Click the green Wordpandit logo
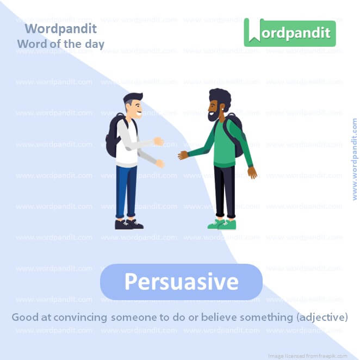point(289,32)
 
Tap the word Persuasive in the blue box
point(181,282)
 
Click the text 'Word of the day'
point(60,44)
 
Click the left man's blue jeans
point(126,190)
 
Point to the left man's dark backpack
point(113,136)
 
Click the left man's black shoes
point(128,224)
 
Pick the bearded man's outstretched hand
point(183,156)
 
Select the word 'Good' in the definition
point(24,316)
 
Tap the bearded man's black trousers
point(224,190)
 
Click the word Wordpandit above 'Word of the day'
point(60,29)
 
